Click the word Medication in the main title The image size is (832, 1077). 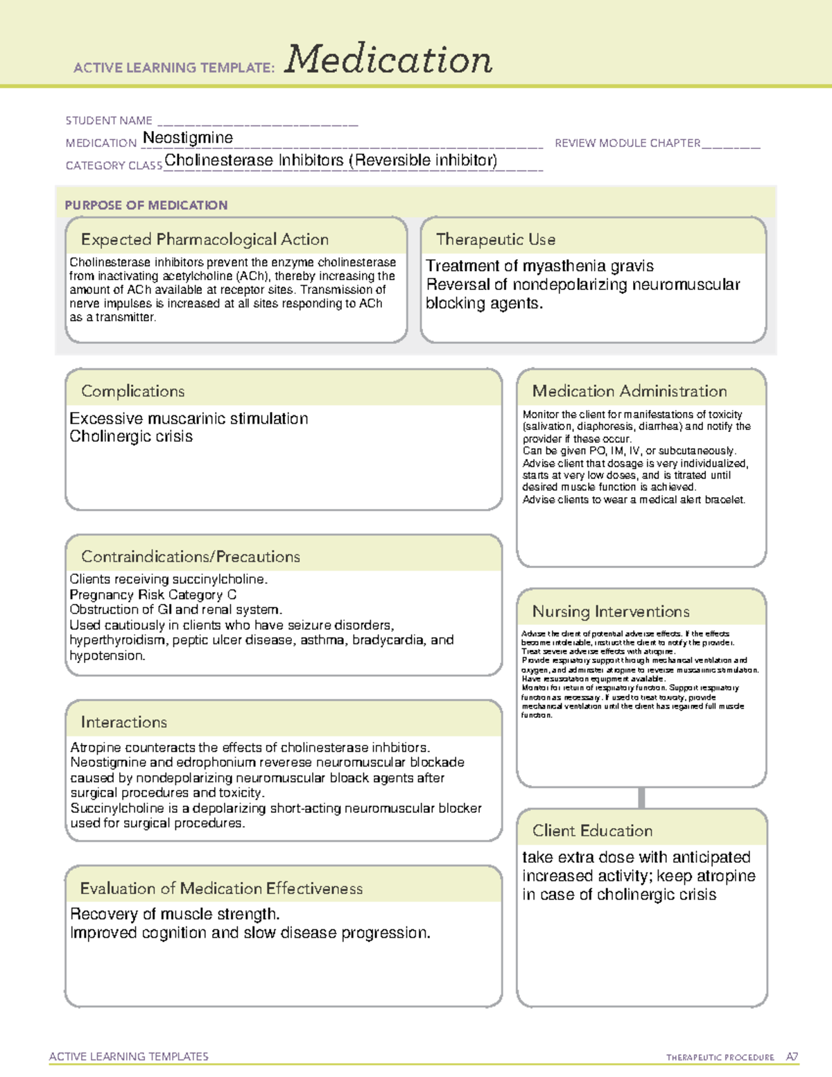(x=388, y=60)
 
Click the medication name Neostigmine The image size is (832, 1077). (x=187, y=138)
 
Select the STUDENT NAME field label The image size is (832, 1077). (x=109, y=121)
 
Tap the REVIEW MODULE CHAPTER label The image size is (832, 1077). (x=627, y=143)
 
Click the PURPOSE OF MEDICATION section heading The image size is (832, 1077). (x=146, y=205)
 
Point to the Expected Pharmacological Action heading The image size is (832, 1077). (x=205, y=239)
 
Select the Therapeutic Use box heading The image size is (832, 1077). (x=495, y=239)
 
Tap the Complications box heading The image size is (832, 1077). (x=132, y=391)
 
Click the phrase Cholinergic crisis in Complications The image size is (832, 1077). (x=131, y=436)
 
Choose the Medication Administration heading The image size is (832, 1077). (x=629, y=391)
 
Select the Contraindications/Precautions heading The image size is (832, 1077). (x=190, y=556)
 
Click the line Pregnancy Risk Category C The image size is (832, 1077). (x=153, y=594)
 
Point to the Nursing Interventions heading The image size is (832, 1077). (x=610, y=611)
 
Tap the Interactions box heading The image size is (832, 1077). (x=123, y=722)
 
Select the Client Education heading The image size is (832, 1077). (x=592, y=830)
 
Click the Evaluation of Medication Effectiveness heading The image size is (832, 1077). (x=220, y=888)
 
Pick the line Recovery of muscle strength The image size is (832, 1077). (x=175, y=914)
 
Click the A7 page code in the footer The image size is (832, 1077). (x=791, y=1057)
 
